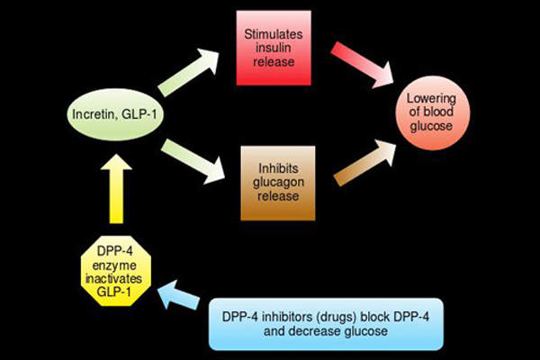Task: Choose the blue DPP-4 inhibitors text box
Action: (327, 323)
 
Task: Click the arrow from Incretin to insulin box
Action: (192, 73)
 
